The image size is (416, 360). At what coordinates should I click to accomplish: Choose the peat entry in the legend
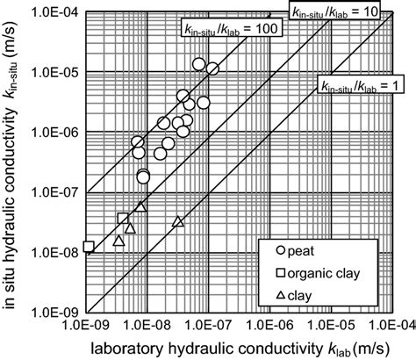(x=290, y=252)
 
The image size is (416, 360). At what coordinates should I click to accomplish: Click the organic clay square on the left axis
(x=89, y=247)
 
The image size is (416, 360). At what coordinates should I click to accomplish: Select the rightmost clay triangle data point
(x=178, y=222)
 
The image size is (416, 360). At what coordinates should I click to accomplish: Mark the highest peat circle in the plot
(x=199, y=64)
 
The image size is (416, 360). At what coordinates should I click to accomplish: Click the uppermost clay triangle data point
(x=140, y=206)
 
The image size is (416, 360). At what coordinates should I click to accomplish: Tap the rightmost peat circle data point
(x=212, y=68)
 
